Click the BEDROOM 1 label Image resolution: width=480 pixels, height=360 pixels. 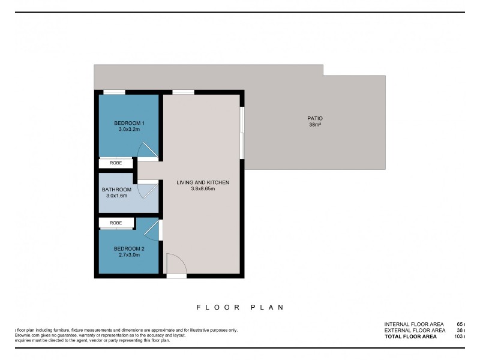tap(130, 123)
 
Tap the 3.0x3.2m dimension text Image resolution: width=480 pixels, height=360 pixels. tap(130, 130)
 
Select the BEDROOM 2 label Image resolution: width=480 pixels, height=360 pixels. tap(130, 248)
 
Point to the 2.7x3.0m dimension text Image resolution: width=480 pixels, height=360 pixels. tap(130, 255)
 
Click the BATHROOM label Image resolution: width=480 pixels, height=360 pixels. tap(116, 189)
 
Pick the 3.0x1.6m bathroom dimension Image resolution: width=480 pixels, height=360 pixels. tap(116, 196)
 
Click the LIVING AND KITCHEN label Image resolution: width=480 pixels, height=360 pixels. tap(203, 182)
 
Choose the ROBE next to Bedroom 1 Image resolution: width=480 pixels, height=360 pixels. tap(116, 163)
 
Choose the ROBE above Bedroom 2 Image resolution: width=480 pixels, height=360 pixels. tap(116, 223)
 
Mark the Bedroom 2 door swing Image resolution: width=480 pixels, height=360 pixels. tap(152, 230)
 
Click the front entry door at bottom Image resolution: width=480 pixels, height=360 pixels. tap(176, 265)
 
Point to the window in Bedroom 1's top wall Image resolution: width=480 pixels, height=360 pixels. tap(114, 92)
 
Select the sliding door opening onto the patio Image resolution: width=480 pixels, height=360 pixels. tap(242, 133)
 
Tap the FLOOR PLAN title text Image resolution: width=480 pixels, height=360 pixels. tap(240, 307)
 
